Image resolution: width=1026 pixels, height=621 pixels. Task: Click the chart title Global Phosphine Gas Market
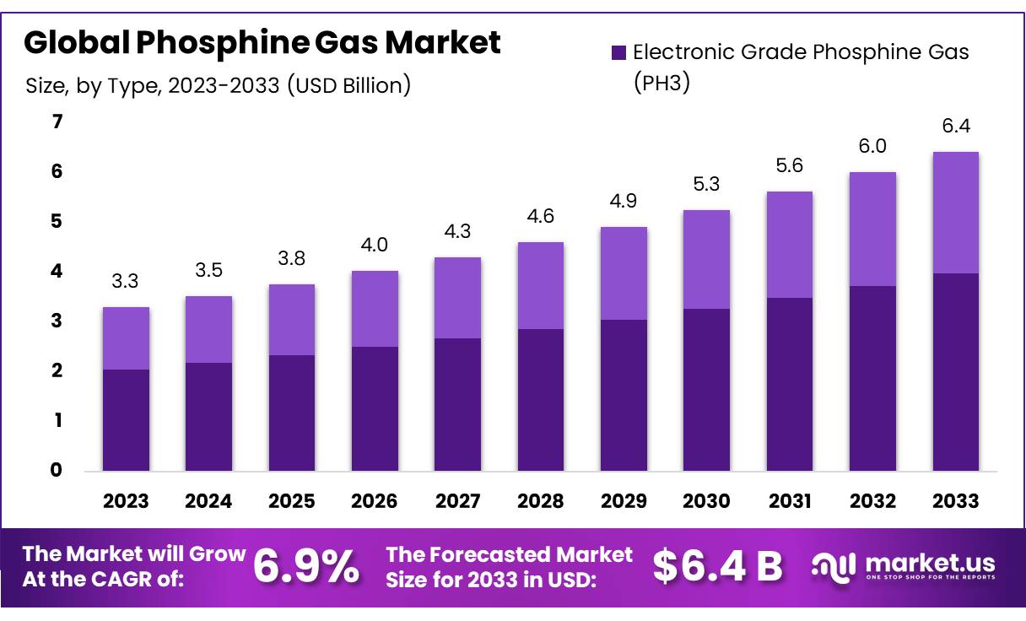(x=262, y=42)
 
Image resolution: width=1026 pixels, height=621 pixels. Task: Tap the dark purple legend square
(x=619, y=52)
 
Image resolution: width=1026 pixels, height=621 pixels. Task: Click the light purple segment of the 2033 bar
(x=955, y=213)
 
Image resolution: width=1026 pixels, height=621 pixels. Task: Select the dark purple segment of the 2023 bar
(x=126, y=419)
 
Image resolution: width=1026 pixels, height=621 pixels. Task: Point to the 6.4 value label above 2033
(x=955, y=126)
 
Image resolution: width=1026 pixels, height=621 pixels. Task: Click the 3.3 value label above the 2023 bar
(x=126, y=281)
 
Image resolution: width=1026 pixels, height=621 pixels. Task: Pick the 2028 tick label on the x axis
(x=540, y=501)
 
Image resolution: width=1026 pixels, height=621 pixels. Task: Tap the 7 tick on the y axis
(x=57, y=122)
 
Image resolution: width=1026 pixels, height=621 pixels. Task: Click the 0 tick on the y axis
(x=57, y=470)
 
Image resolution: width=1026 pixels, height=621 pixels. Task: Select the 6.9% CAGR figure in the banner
(x=305, y=567)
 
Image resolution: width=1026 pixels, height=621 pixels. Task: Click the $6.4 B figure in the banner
(x=718, y=567)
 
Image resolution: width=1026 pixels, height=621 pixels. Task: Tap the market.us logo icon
(x=834, y=566)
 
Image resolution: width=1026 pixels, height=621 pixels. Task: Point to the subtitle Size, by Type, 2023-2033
(x=218, y=85)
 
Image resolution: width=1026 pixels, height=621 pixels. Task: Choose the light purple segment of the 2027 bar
(x=457, y=297)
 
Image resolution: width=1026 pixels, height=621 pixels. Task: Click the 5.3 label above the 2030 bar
(x=706, y=184)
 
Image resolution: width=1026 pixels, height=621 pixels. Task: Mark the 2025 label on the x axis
(x=291, y=501)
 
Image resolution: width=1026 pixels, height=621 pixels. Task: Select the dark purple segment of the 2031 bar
(x=789, y=384)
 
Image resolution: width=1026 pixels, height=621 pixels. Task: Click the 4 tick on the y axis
(x=57, y=271)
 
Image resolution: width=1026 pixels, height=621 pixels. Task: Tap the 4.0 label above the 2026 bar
(x=375, y=245)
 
